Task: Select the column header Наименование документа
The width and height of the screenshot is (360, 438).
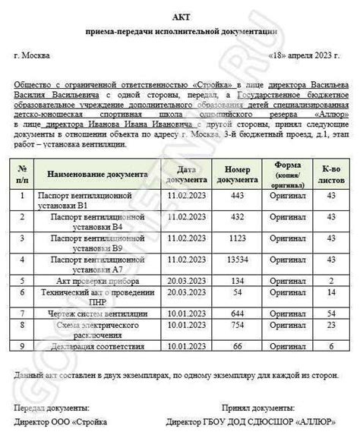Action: click(x=93, y=173)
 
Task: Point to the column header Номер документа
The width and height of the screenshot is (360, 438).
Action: click(x=238, y=173)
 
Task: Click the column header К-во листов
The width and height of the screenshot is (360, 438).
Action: click(x=330, y=173)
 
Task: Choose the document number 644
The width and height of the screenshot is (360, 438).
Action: click(x=238, y=313)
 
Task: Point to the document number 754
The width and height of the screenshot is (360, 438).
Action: click(x=238, y=324)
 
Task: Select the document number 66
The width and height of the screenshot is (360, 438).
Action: click(x=238, y=346)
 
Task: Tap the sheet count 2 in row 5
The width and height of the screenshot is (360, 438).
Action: click(x=330, y=280)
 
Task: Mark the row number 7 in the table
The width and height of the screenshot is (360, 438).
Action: click(x=23, y=313)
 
